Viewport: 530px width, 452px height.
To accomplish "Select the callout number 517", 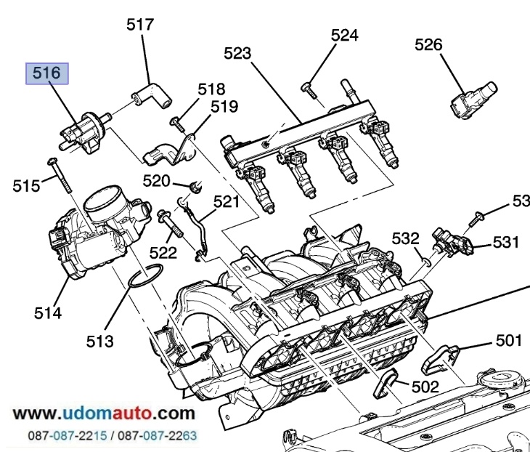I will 140,25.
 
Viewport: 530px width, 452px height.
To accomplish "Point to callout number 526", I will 428,44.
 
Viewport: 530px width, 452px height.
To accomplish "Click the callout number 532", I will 406,238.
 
